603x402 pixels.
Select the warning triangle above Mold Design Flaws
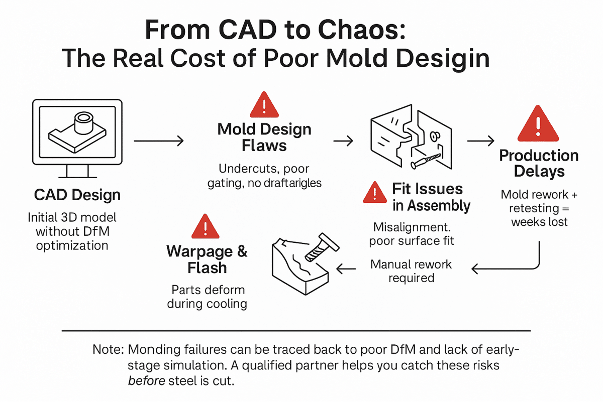point(264,106)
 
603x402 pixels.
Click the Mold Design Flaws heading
point(264,138)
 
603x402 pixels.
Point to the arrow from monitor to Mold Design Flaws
point(158,142)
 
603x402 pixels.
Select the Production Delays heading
point(539,163)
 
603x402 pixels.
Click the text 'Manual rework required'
point(411,271)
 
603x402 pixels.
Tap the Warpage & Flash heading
point(207,259)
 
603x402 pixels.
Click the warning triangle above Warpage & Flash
point(204,227)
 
